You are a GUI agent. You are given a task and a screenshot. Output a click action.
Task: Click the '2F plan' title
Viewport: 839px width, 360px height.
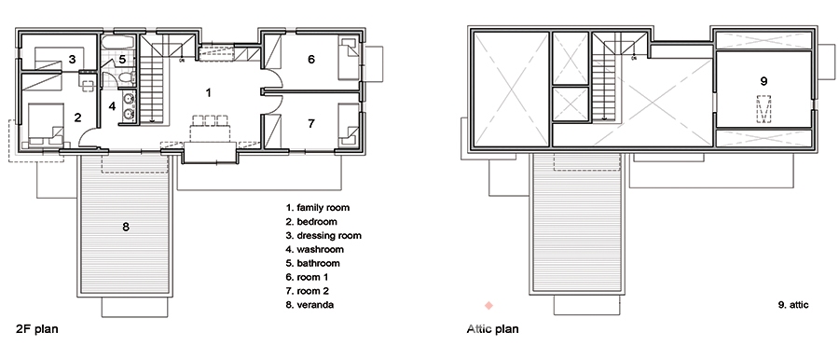[36, 329]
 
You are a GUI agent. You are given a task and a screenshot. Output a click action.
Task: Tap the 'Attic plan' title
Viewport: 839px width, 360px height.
[492, 328]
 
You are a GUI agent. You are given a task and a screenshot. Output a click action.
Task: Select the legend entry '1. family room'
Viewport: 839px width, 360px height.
[318, 207]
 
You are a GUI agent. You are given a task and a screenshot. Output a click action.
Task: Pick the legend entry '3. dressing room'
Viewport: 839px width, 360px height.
[323, 235]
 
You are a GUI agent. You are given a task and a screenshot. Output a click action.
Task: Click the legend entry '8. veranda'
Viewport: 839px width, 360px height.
[310, 305]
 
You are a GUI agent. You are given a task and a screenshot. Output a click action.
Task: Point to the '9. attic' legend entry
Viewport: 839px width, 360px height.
[793, 305]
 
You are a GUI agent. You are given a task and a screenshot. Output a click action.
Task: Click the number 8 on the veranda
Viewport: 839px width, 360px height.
[126, 227]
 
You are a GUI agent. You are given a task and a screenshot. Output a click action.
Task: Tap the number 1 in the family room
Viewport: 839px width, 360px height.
[209, 92]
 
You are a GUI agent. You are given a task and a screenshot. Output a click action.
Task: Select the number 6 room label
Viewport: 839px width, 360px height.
[311, 59]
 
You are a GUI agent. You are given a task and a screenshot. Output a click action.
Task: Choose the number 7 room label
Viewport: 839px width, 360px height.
[311, 123]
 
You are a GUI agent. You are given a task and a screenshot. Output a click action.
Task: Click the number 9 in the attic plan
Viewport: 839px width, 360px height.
[763, 81]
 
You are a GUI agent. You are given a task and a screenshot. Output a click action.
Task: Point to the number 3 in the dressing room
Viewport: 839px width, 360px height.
[72, 59]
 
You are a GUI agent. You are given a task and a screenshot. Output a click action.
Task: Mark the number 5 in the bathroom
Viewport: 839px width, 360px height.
[122, 59]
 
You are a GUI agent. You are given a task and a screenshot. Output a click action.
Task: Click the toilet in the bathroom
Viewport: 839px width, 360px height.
[126, 78]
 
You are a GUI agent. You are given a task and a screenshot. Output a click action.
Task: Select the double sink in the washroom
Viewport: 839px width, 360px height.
[129, 106]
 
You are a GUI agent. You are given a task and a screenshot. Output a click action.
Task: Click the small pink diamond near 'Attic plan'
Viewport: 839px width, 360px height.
[488, 305]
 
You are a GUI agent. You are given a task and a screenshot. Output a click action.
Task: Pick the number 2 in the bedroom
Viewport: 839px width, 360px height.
[77, 118]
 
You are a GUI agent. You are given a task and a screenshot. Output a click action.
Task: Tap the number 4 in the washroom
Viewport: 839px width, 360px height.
[112, 106]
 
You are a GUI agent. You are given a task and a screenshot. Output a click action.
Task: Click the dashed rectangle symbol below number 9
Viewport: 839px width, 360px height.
[763, 109]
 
